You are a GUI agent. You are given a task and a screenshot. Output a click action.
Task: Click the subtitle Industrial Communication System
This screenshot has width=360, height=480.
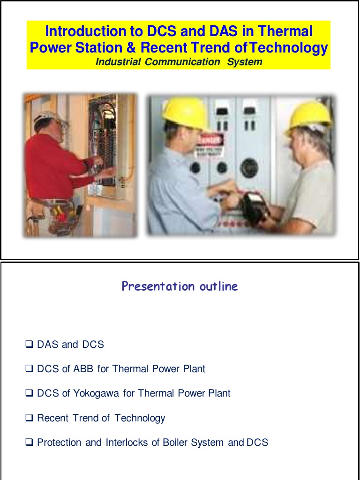tap(179, 62)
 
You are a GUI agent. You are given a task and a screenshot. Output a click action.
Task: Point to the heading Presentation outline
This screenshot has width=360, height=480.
tap(180, 286)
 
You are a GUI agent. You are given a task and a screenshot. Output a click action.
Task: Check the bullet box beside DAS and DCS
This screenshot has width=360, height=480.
tap(29, 345)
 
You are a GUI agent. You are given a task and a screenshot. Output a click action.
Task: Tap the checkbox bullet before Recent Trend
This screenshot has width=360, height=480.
tap(29, 418)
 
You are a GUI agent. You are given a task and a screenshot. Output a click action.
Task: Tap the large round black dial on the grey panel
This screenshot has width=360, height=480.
tap(249, 167)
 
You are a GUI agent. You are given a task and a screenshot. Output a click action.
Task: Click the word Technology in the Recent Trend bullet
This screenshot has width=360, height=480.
tap(140, 418)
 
